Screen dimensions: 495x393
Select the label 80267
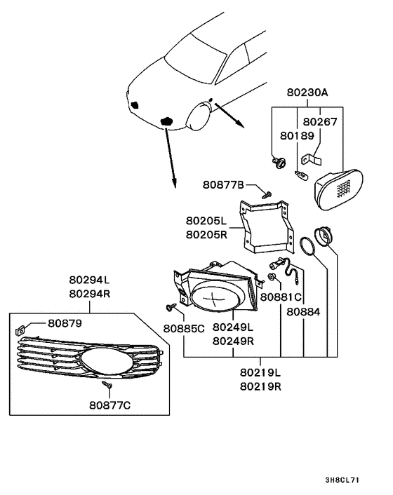(x=321, y=121)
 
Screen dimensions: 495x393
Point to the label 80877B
(x=224, y=185)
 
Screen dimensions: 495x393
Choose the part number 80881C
(x=281, y=297)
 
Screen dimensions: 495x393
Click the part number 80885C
(x=185, y=327)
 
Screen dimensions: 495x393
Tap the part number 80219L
(x=260, y=373)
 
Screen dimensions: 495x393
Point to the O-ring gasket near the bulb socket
(x=306, y=247)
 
